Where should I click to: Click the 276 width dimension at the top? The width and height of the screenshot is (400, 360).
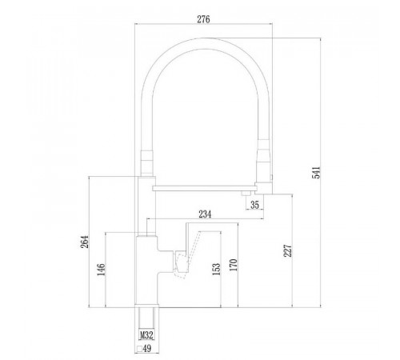[x=203, y=19]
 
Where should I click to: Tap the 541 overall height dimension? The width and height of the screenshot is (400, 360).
[x=316, y=173]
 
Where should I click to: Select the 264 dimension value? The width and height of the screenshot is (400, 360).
[x=85, y=242]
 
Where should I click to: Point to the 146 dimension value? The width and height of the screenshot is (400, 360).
[x=101, y=270]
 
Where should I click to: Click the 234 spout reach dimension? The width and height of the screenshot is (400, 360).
[x=205, y=214]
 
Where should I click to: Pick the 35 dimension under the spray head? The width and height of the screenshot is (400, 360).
[x=254, y=205]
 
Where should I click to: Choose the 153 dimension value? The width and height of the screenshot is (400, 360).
[x=217, y=269]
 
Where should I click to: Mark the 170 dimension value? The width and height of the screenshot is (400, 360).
[x=233, y=265]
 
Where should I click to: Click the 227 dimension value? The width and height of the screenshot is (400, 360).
[x=288, y=250]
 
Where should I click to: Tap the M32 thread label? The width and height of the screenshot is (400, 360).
[x=146, y=335]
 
